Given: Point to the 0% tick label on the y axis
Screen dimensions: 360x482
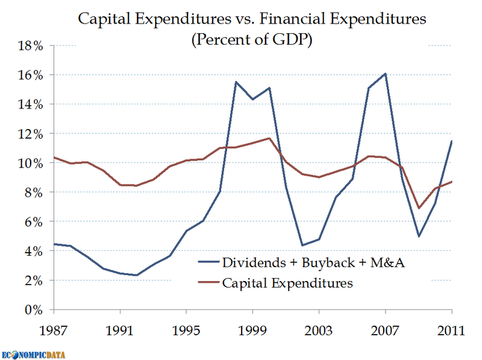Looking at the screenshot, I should pyautogui.click(x=33, y=310).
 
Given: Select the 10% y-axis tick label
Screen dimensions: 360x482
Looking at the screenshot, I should pyautogui.click(x=30, y=163).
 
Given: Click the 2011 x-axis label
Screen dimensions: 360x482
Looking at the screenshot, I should pyautogui.click(x=452, y=331).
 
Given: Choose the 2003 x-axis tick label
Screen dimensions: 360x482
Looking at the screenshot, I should pyautogui.click(x=320, y=331).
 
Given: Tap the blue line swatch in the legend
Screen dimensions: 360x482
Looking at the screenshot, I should pyautogui.click(x=208, y=263).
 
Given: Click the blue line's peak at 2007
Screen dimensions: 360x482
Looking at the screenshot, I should pyautogui.click(x=386, y=74).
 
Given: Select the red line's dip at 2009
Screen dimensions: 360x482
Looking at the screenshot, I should pyautogui.click(x=419, y=209).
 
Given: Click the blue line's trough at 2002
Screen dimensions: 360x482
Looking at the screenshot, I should pyautogui.click(x=303, y=245).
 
